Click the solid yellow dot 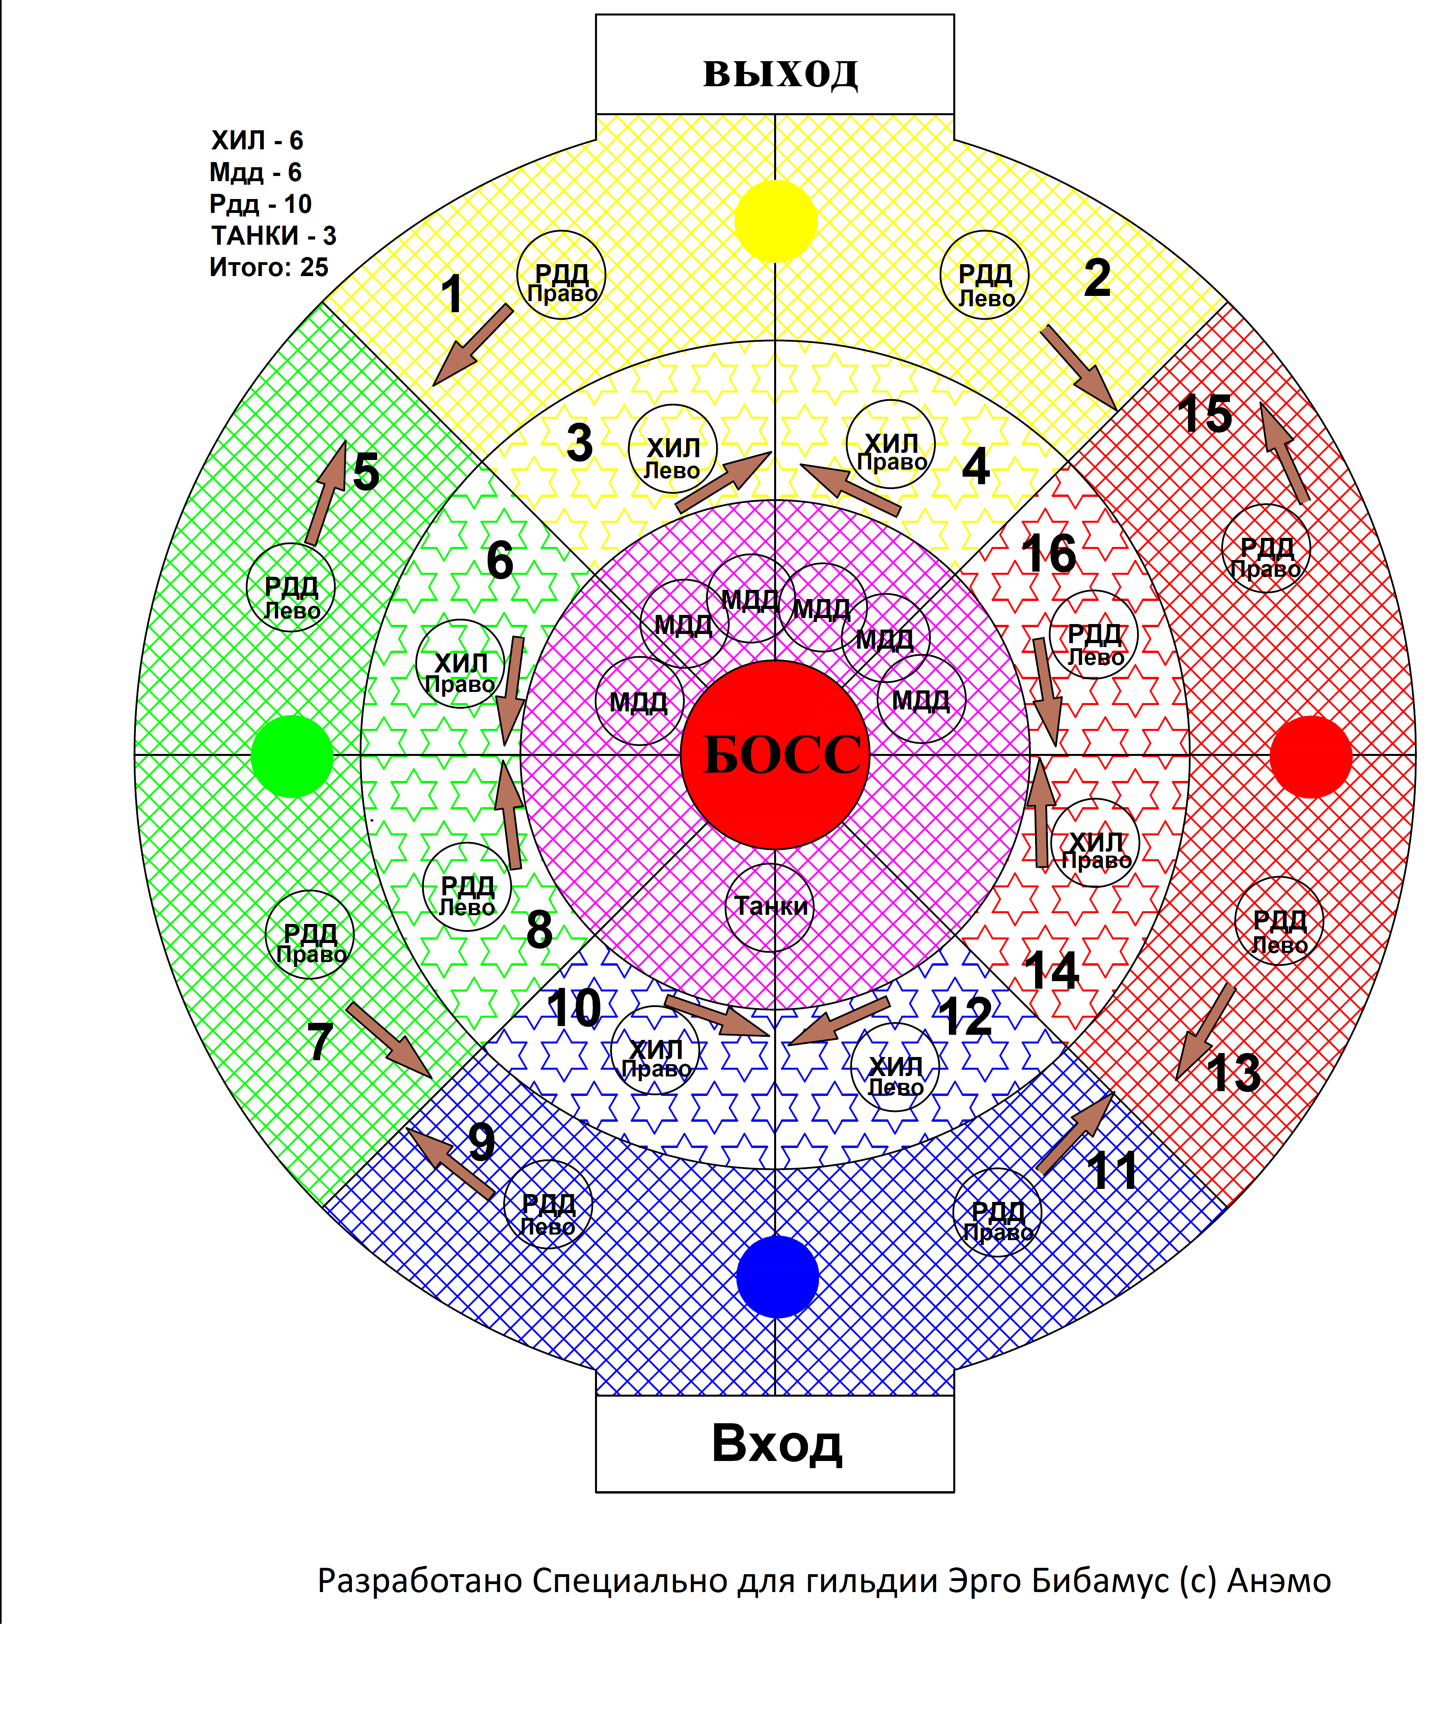(x=775, y=221)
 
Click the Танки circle (x=770, y=907)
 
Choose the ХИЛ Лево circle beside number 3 (x=672, y=449)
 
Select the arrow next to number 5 (x=326, y=493)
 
